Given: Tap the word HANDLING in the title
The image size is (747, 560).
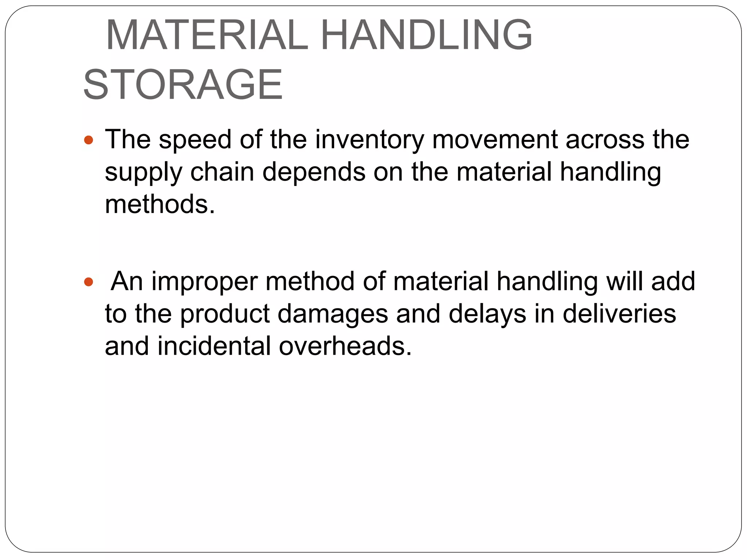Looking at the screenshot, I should [x=426, y=36].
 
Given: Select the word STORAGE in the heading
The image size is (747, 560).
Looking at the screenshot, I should [x=183, y=85].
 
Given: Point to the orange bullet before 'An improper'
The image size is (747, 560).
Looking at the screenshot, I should [x=89, y=281].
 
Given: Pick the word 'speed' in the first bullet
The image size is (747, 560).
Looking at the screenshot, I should [x=195, y=140].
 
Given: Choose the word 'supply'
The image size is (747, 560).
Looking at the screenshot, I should [x=143, y=173].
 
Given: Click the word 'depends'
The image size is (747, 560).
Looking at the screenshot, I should [x=314, y=172].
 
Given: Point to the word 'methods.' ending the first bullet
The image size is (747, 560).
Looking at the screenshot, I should [x=160, y=204].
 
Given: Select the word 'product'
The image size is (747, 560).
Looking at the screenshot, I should [x=225, y=314].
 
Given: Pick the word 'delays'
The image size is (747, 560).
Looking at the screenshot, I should [x=487, y=314].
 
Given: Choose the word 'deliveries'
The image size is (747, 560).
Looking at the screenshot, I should [x=619, y=314].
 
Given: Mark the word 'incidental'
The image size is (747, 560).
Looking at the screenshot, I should [x=214, y=346].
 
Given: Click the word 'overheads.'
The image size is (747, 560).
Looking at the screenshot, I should [x=345, y=346].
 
